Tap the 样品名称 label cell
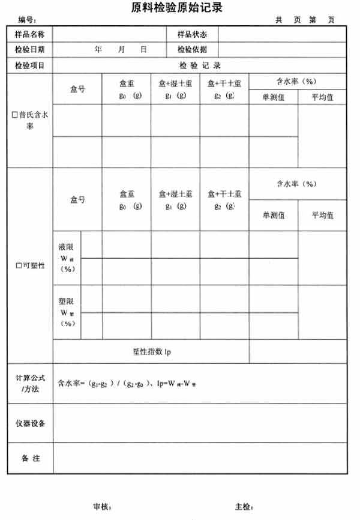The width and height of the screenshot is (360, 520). click(x=30, y=34)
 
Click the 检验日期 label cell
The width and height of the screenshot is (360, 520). click(x=30, y=50)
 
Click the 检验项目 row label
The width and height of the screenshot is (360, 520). click(x=30, y=65)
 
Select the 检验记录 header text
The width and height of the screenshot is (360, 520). click(x=199, y=65)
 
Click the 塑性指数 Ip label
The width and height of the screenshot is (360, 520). click(x=151, y=352)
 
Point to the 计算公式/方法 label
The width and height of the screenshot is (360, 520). click(x=30, y=383)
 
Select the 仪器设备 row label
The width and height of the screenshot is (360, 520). click(x=30, y=423)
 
